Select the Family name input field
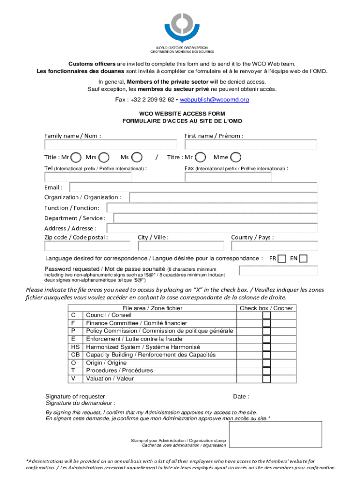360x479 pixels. pos(111,145)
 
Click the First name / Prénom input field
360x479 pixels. pos(251,145)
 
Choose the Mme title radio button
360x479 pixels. pos(237,158)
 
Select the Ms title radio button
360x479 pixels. pos(137,158)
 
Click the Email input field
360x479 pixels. pos(193,188)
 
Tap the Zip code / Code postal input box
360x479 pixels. pos(87,246)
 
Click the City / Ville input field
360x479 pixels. pos(181,246)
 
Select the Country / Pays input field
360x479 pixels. pos(274,246)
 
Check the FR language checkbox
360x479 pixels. pos(281,259)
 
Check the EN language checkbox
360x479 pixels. pos(303,259)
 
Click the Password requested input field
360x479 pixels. pos(278,271)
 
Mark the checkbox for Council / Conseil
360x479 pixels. pos(266,316)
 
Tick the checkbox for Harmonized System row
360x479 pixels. pos(266,347)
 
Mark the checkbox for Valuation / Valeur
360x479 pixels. pos(266,378)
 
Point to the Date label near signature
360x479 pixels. pos(241,397)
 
